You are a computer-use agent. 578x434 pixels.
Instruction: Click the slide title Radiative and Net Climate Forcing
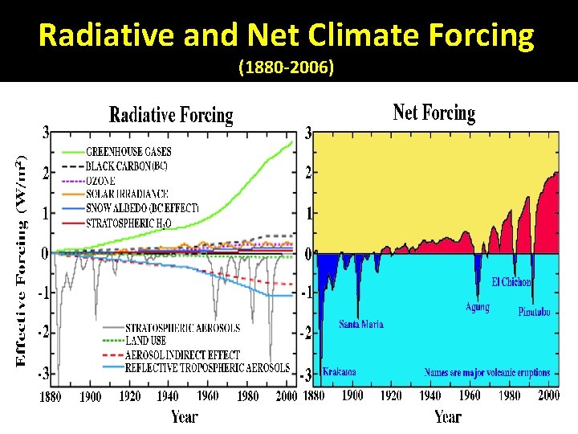[x=286, y=35]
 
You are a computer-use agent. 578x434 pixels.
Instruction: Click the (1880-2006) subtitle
[x=287, y=69]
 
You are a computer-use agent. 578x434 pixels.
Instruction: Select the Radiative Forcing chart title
[x=171, y=116]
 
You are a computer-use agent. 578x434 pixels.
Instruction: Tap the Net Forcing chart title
[x=433, y=113]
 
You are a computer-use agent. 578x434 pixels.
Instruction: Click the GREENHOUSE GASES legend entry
[x=128, y=151]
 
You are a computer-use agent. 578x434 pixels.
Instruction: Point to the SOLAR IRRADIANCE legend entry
[x=127, y=194]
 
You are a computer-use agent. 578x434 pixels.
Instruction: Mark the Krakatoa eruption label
[x=339, y=372]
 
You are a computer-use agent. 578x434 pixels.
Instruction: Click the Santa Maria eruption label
[x=360, y=325]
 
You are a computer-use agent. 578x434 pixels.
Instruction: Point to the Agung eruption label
[x=477, y=307]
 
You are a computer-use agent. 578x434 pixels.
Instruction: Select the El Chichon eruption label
[x=511, y=282]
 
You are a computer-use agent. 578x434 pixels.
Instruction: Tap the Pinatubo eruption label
[x=534, y=312]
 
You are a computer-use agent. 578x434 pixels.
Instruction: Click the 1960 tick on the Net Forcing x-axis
[x=470, y=395]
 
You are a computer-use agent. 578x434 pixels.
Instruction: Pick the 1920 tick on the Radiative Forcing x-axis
[x=129, y=396]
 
